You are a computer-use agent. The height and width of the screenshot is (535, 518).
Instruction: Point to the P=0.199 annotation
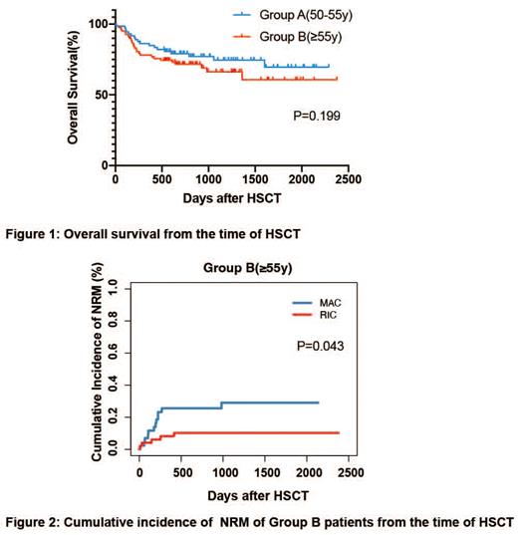click(x=318, y=117)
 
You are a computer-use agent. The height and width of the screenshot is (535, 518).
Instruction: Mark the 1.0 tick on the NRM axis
click(x=125, y=287)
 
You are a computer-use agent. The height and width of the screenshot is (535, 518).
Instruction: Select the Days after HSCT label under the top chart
click(x=230, y=198)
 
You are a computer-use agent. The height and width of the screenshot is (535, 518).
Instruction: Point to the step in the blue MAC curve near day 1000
click(x=222, y=405)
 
